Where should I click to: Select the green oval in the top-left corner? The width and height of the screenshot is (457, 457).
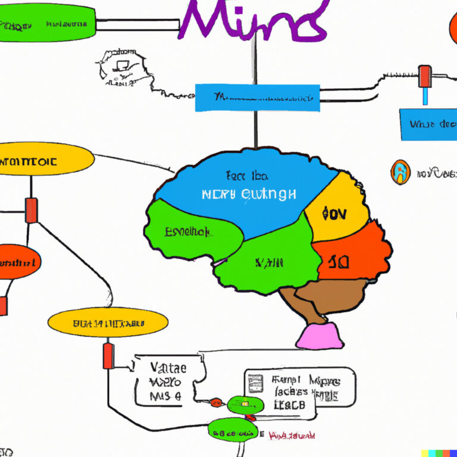48,24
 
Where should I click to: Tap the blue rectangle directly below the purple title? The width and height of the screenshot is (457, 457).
257,98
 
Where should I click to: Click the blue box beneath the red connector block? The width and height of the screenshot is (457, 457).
428,124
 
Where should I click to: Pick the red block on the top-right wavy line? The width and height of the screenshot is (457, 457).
425,76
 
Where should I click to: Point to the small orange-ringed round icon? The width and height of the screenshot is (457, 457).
400,173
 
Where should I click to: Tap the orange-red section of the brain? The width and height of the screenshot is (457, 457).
351,253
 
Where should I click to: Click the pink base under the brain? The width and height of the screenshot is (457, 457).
320,337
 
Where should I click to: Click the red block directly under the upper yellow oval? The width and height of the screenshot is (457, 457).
31,210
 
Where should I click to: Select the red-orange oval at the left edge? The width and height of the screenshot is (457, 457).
18,261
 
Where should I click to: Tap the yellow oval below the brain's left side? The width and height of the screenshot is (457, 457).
108,323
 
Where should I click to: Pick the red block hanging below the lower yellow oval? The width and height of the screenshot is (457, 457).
108,355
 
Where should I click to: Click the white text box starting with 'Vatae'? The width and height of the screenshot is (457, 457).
169,381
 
